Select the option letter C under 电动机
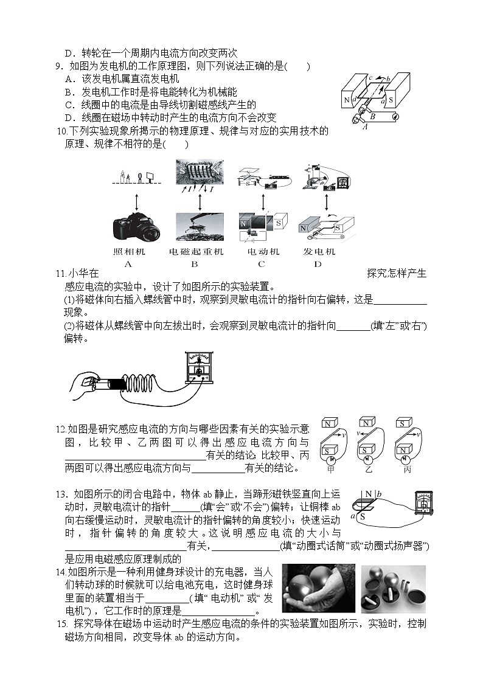262,263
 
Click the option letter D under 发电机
318,263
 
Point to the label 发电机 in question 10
319,252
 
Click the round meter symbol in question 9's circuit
395,116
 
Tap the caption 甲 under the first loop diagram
331,469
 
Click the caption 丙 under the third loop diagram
406,469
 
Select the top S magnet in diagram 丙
402,423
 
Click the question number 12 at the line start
60,429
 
